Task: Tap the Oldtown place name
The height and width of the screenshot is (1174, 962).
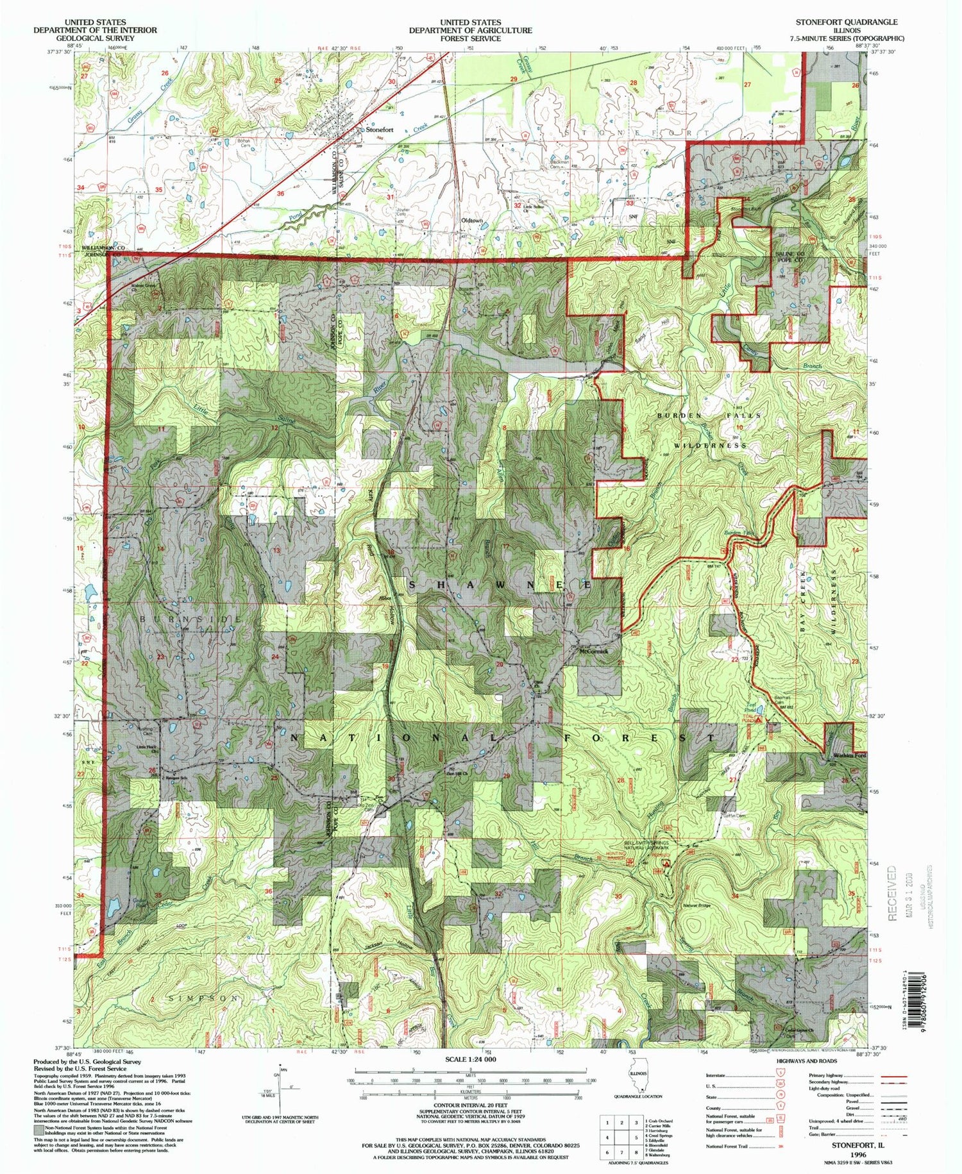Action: click(472, 221)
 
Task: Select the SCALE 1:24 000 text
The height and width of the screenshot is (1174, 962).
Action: click(470, 1060)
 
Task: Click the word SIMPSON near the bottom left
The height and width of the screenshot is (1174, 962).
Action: click(203, 999)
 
